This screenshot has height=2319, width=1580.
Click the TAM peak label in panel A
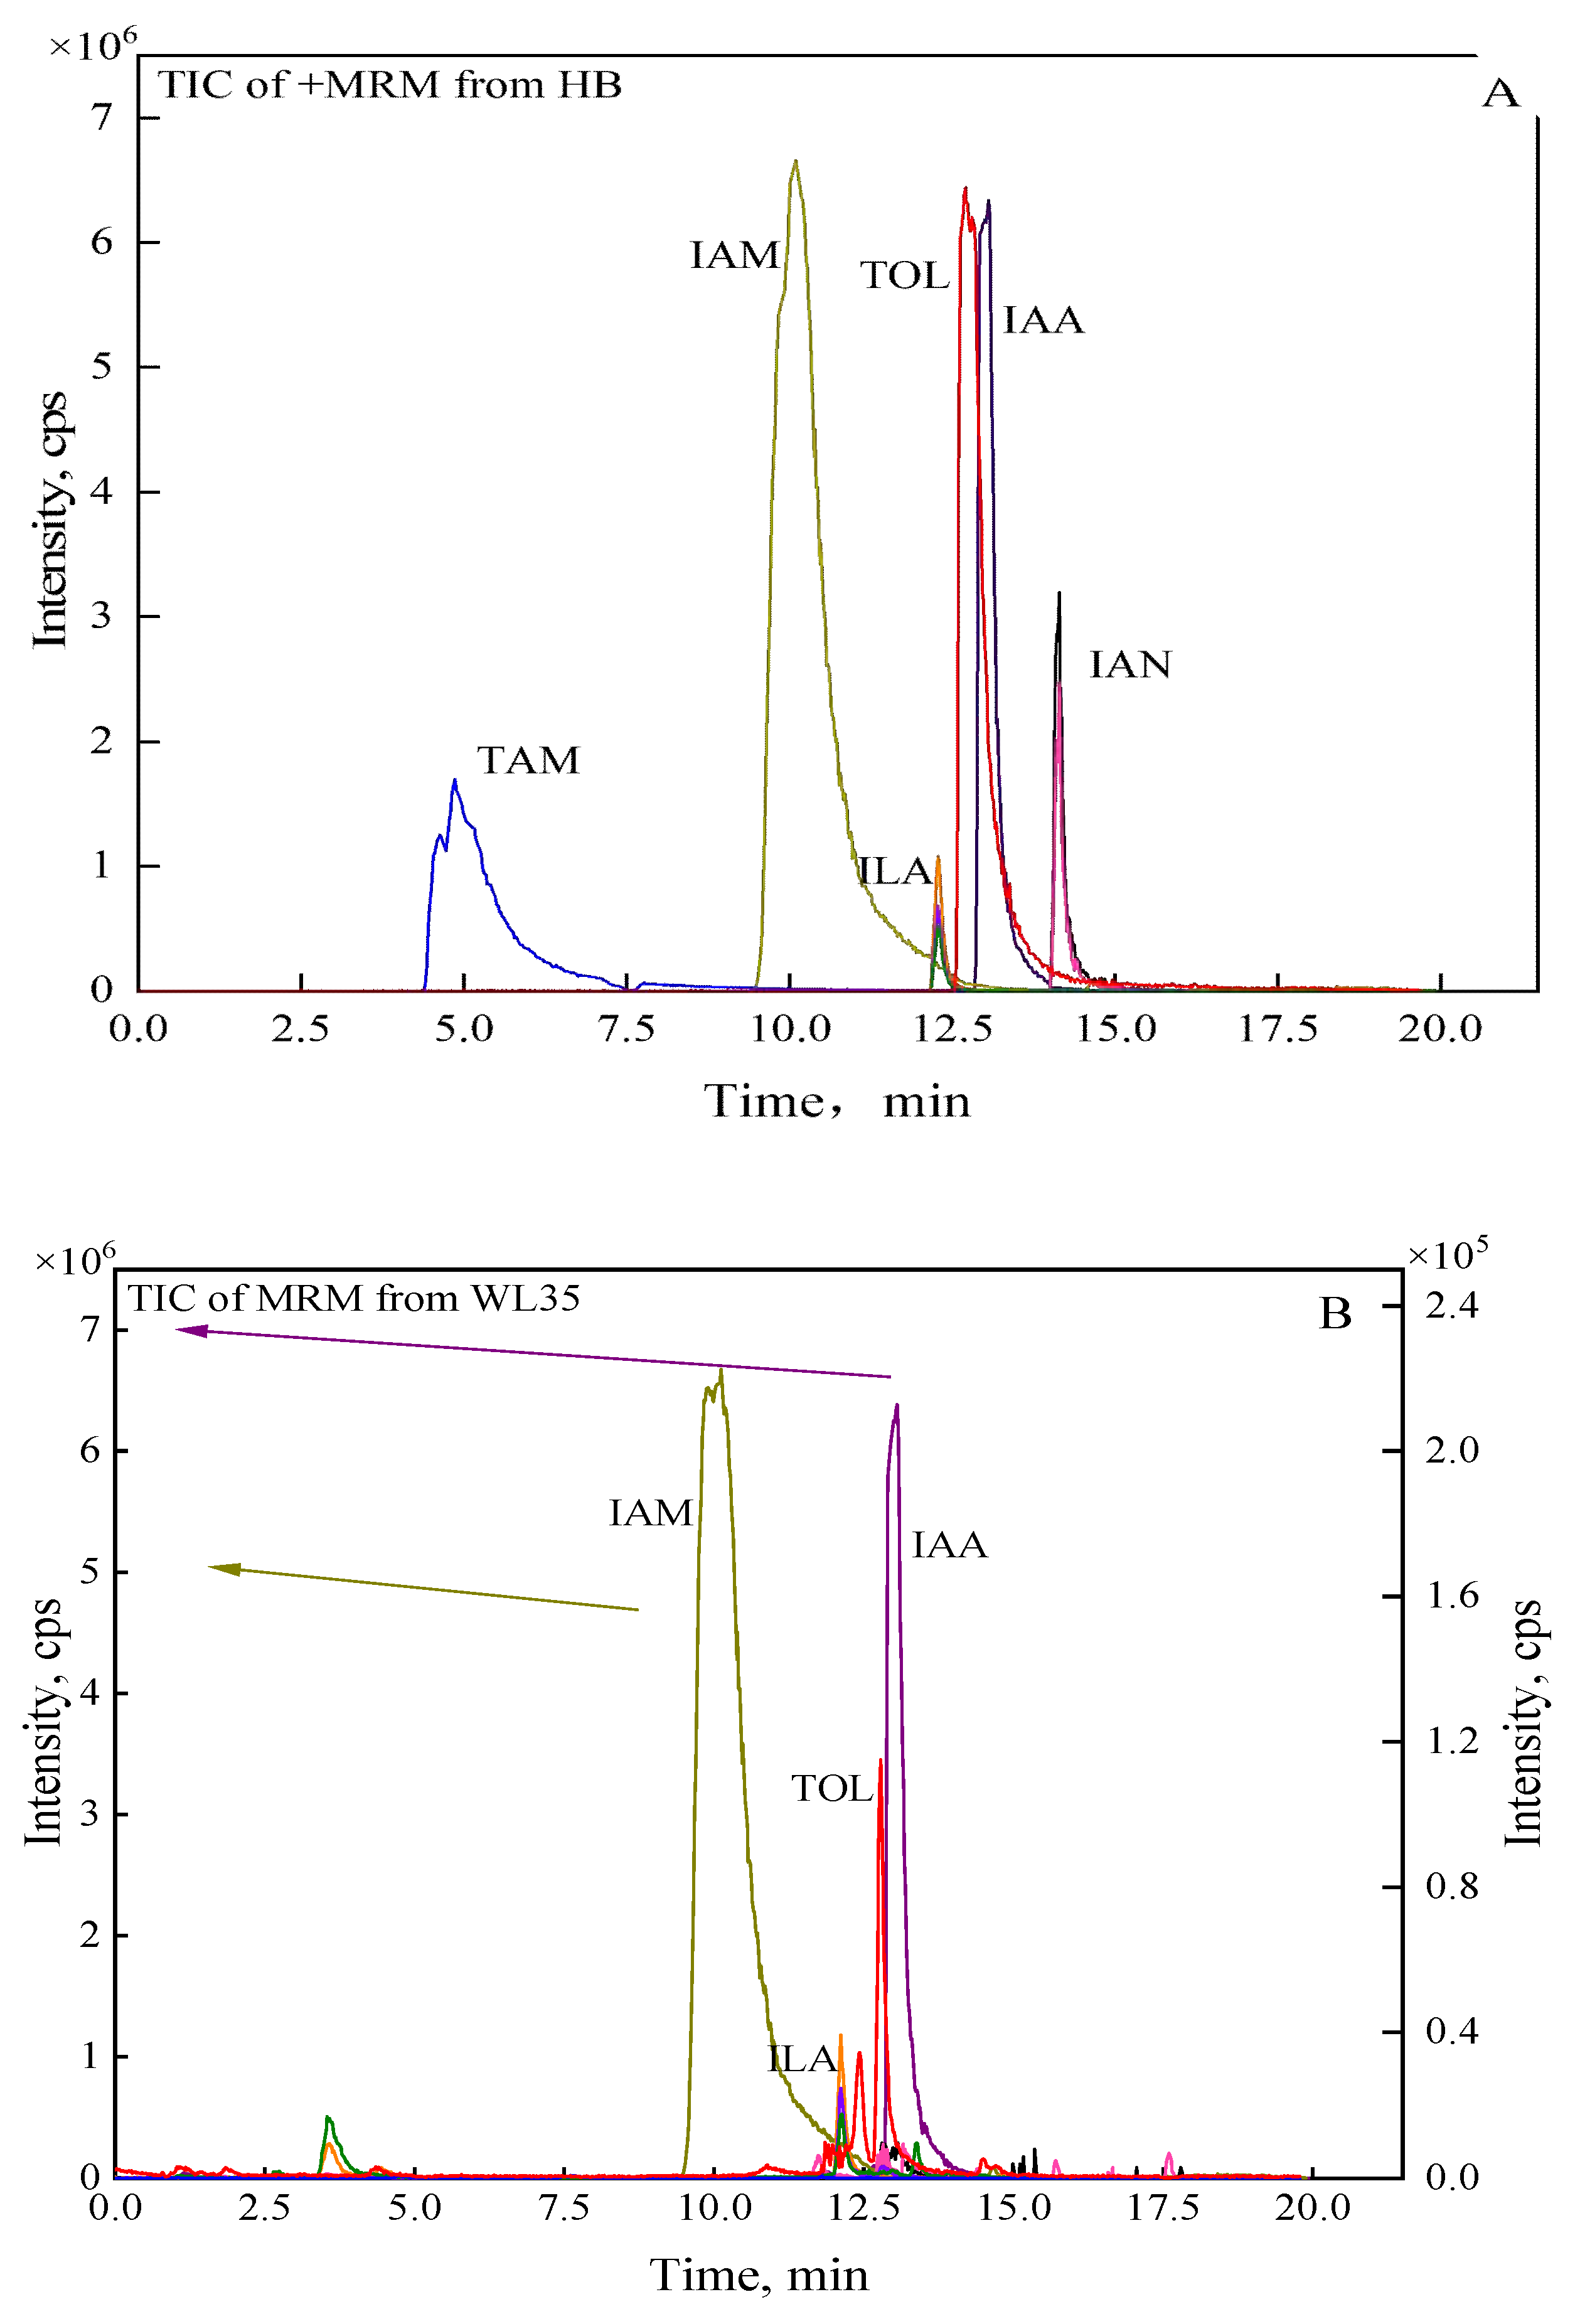[x=528, y=761]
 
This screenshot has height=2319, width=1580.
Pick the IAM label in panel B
[x=651, y=1514]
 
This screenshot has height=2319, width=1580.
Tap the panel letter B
[x=1335, y=1314]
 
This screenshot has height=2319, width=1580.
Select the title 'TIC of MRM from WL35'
[x=353, y=1299]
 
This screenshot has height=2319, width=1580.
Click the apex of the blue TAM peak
[x=454, y=781]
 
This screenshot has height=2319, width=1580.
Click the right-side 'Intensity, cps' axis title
[x=1523, y=1724]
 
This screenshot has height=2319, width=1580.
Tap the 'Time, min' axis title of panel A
[x=836, y=1102]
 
